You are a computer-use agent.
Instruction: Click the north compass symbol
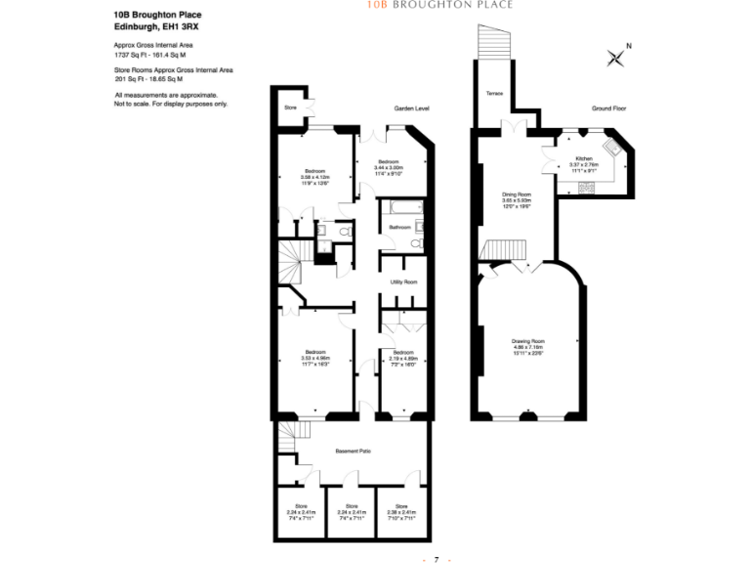(x=617, y=57)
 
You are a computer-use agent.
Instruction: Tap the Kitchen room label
(x=583, y=158)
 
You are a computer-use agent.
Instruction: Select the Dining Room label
(x=516, y=195)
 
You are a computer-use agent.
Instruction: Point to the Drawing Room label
(x=526, y=341)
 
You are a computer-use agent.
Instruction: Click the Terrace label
(x=494, y=95)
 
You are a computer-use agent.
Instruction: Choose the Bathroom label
(x=399, y=228)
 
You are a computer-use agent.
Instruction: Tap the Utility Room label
(x=403, y=281)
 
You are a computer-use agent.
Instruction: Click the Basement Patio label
(x=353, y=451)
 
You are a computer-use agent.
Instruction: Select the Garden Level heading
(x=411, y=108)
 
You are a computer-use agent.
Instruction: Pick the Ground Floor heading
(x=608, y=108)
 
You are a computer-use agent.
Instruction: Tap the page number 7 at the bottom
(x=437, y=558)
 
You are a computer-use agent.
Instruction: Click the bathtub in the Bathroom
(x=400, y=208)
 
